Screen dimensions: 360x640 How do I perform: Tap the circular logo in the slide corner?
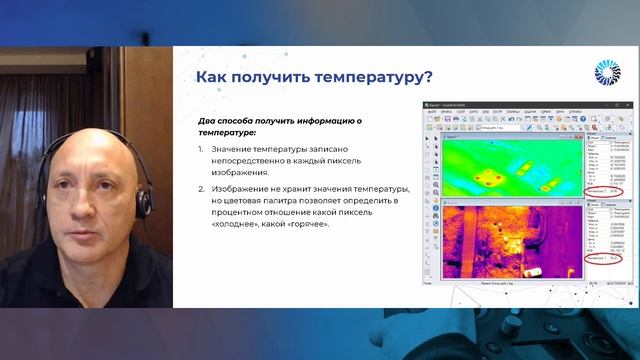point(607,74)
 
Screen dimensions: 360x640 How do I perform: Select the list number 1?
point(200,148)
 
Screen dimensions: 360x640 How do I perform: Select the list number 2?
point(200,187)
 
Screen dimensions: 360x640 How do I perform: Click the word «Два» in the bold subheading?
point(208,121)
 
